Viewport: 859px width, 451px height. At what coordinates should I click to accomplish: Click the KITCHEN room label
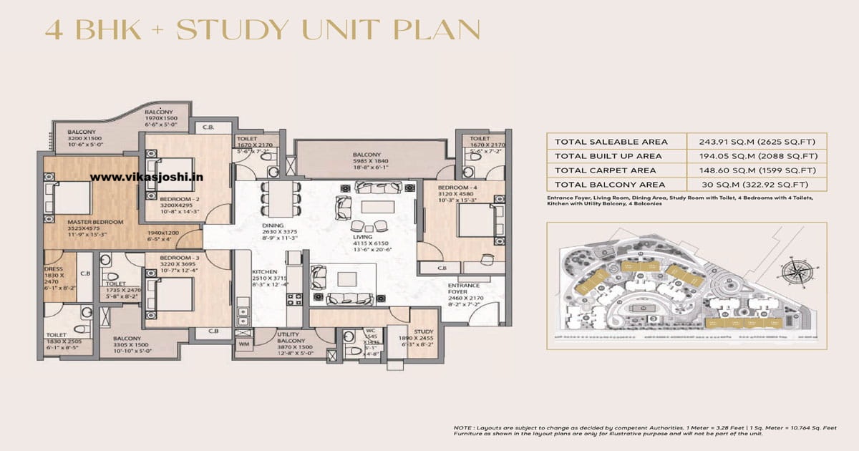click(264, 272)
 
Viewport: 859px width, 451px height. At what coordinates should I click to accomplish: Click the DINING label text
click(273, 225)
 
